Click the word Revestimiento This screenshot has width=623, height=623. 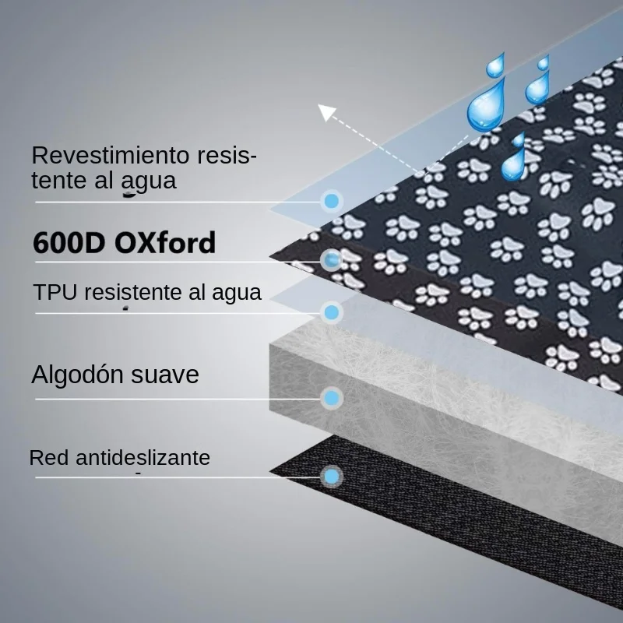[x=111, y=155]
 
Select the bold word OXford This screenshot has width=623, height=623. [x=165, y=242]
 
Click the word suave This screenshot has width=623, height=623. [x=165, y=375]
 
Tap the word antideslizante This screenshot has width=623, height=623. [x=143, y=458]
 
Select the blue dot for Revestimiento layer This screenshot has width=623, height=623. [x=332, y=201]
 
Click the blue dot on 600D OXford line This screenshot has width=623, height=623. [x=332, y=260]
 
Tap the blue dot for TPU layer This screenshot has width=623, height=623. [x=332, y=312]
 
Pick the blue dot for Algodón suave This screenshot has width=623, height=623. [x=332, y=398]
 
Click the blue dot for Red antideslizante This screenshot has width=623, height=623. [x=332, y=477]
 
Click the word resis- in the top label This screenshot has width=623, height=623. [x=227, y=155]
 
